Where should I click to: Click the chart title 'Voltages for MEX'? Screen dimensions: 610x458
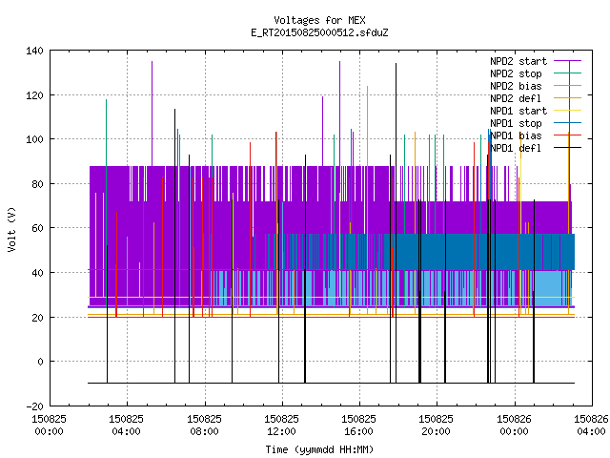[319, 20]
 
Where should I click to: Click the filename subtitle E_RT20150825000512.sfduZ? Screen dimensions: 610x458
[319, 32]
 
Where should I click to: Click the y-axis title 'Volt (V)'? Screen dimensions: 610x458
[12, 229]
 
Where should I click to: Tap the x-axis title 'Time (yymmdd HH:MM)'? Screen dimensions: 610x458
[319, 449]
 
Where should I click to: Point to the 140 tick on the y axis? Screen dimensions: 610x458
[34, 51]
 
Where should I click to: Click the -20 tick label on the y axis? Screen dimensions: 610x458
[34, 406]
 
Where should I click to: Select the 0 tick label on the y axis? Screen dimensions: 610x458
[40, 362]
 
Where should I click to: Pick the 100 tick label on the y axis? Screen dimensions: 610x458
[34, 139]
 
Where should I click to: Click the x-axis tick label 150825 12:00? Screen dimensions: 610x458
[282, 426]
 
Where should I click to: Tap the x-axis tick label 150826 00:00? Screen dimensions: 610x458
[514, 426]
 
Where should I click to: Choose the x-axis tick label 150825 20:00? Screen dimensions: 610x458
[437, 426]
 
